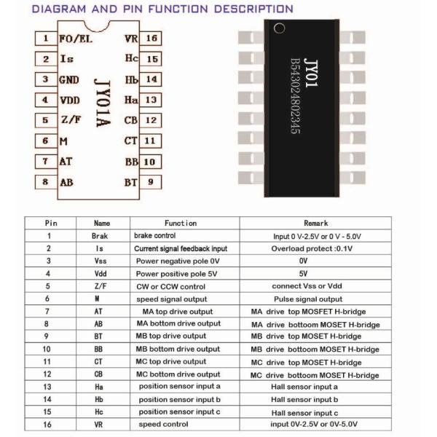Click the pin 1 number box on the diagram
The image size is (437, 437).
(45, 38)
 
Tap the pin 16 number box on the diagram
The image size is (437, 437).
(152, 38)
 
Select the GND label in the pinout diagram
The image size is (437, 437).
(69, 79)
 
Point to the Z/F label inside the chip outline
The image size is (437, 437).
(70, 119)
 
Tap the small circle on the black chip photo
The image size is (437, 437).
(277, 29)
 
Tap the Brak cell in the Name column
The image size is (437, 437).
(100, 236)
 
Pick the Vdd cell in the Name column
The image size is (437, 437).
(100, 274)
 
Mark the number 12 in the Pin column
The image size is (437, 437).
(49, 374)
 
